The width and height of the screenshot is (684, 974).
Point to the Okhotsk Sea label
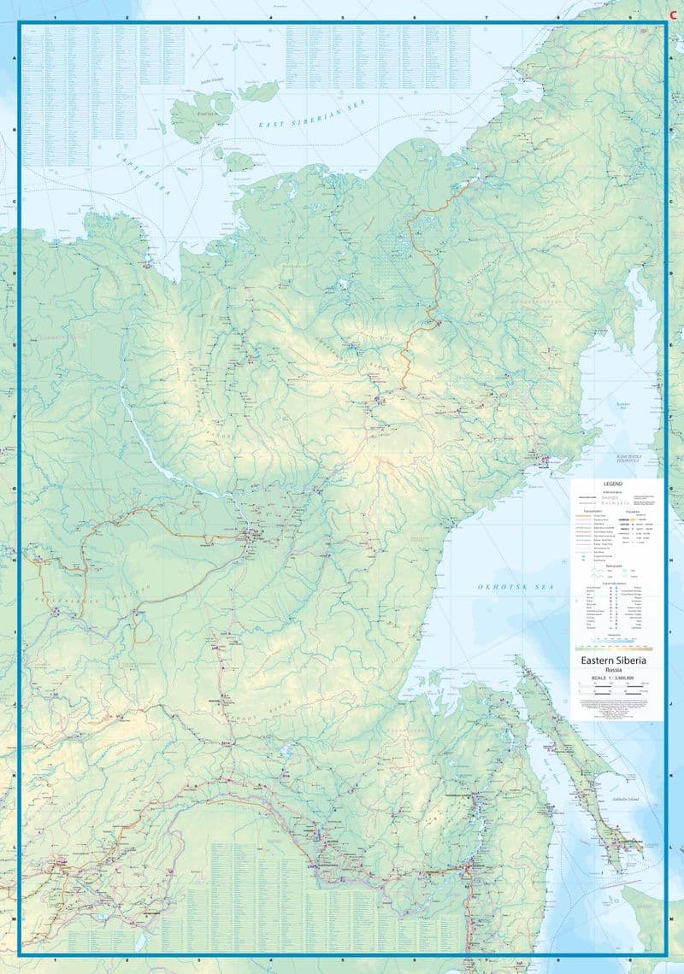[x=516, y=587]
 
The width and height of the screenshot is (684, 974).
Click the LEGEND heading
[x=616, y=483]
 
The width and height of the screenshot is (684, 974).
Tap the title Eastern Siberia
[x=616, y=660]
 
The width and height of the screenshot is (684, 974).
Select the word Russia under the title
[x=616, y=671]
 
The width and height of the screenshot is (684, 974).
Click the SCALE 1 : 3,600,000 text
[x=616, y=679]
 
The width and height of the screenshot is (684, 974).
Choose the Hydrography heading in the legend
[x=616, y=565]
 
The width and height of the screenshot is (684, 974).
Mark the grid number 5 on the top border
[x=342, y=17]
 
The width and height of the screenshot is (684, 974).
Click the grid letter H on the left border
[x=13, y=561]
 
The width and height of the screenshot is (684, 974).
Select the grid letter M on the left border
[x=13, y=919]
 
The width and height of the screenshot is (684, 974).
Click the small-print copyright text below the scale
[x=616, y=708]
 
